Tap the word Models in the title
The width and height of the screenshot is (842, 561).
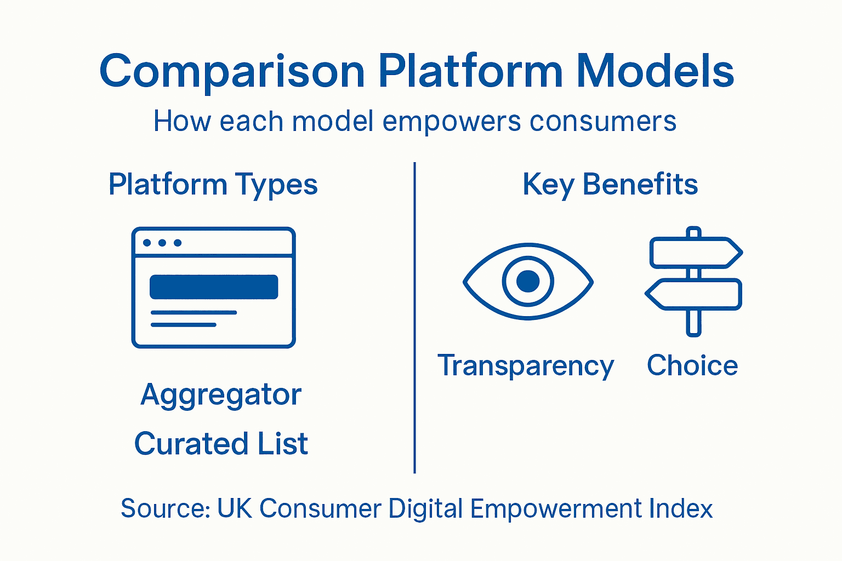click(655, 71)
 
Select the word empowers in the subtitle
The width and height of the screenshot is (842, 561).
click(451, 121)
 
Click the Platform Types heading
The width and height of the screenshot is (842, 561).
click(213, 185)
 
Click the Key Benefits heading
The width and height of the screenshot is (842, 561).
click(610, 185)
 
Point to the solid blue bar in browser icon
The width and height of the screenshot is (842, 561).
click(214, 287)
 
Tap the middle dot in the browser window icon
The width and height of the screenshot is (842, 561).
click(162, 243)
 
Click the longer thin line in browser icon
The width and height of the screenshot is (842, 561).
click(194, 313)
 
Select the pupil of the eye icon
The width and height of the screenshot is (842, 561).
click(528, 281)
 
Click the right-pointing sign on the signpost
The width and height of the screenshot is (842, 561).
click(695, 253)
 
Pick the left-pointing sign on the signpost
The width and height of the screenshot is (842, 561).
click(694, 294)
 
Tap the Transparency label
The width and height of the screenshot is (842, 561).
click(525, 366)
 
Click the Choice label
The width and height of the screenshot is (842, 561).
click(692, 365)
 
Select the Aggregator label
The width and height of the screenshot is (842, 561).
click(221, 395)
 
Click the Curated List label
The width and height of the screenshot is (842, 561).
click(221, 444)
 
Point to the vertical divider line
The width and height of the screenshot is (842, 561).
click(415, 318)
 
